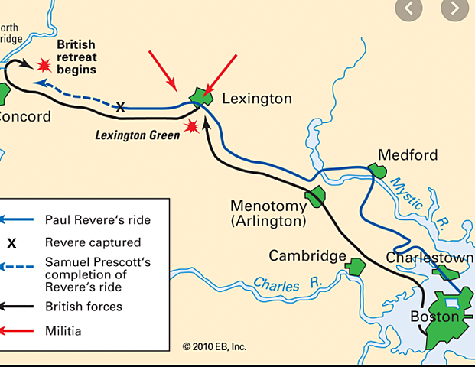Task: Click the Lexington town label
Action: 257,99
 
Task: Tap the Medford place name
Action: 408,155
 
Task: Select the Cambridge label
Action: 307,255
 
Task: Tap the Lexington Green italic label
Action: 137,135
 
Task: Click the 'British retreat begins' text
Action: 76,57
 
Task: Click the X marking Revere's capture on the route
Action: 120,108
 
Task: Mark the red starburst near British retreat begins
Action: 45,65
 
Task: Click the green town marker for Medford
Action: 376,170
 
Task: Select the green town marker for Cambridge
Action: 354,267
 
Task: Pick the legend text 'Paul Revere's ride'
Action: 97,220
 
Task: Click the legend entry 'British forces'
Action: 83,307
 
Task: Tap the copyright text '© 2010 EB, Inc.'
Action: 214,346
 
